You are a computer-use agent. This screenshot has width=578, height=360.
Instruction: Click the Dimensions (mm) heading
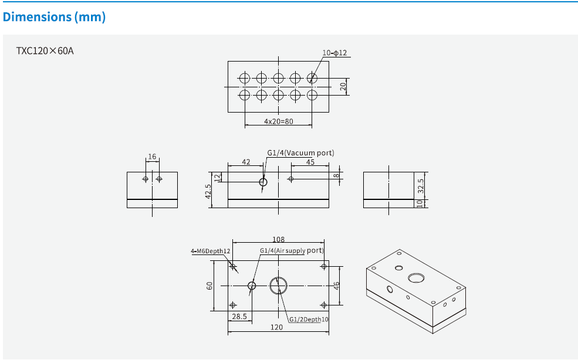coord(54,17)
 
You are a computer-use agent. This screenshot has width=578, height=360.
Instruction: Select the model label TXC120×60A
coord(45,50)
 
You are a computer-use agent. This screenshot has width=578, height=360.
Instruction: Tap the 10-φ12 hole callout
coord(334,53)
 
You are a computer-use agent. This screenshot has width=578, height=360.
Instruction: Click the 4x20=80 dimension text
coord(278,121)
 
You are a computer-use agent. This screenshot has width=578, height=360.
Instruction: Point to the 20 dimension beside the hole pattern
coord(344,87)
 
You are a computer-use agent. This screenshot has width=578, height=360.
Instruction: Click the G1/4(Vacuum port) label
coord(300,152)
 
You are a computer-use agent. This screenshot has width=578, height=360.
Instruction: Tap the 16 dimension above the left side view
coord(152,157)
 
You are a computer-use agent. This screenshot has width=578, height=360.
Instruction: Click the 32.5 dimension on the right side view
coord(421,186)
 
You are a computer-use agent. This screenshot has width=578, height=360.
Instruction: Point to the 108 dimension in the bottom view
coord(278,239)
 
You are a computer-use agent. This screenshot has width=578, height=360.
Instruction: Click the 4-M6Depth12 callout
coord(210,251)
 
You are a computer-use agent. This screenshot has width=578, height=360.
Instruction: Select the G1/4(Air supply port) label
coord(292,250)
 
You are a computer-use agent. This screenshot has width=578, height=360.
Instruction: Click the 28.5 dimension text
coord(239,317)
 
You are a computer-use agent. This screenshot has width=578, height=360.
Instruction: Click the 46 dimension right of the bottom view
coord(336,286)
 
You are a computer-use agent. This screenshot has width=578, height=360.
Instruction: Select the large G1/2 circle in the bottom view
coord(279,286)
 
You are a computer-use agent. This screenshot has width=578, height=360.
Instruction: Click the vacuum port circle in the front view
coord(263,182)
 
